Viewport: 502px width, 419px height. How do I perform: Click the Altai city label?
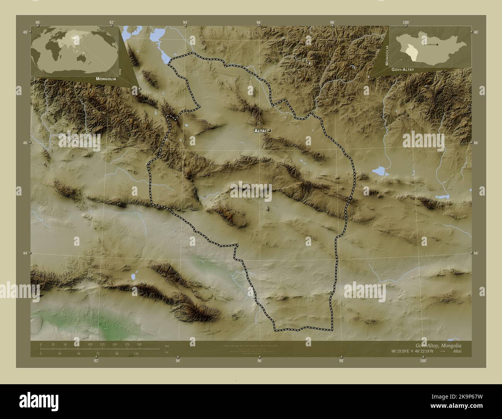[260, 131]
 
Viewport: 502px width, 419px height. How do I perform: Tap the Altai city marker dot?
[269, 131]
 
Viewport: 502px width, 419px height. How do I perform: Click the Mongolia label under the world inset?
[104, 79]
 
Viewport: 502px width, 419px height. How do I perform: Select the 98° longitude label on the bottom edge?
[341, 361]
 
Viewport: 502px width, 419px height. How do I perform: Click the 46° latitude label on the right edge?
[476, 143]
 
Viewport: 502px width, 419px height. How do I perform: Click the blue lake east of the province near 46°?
[380, 171]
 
